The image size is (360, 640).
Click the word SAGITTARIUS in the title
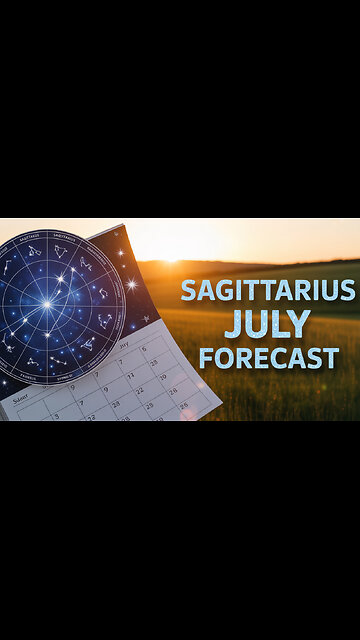pyautogui.click(x=267, y=291)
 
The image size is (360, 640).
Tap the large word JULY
pyautogui.click(x=268, y=325)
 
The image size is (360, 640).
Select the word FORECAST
pyautogui.click(x=268, y=358)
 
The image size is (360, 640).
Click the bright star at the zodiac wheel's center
pyautogui.click(x=46, y=304)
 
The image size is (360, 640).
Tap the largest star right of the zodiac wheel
pyautogui.click(x=131, y=285)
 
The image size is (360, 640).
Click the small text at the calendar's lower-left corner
pyautogui.click(x=17, y=397)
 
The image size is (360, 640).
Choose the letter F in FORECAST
pyautogui.click(x=206, y=358)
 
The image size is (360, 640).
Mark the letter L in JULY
pyautogui.click(x=280, y=325)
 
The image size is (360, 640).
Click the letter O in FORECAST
pyautogui.click(x=224, y=358)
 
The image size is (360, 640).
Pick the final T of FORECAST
pyautogui.click(x=331, y=358)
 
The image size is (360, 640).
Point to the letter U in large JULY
pyautogui.click(x=256, y=325)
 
